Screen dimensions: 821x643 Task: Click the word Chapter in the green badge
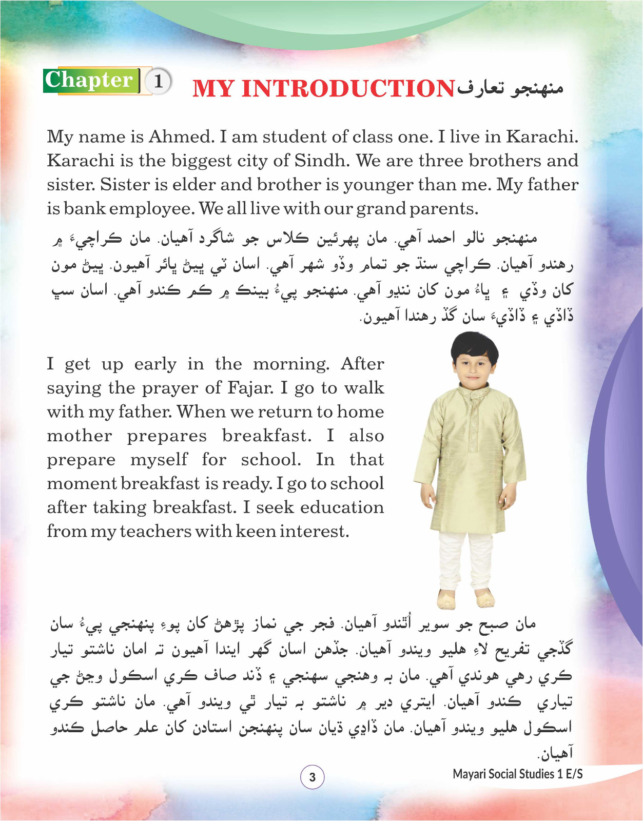(x=89, y=80)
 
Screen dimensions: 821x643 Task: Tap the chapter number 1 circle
(x=159, y=81)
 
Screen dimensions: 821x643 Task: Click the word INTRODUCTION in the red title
(x=348, y=88)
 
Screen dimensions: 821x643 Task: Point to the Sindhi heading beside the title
(x=511, y=88)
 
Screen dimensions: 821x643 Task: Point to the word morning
(x=290, y=364)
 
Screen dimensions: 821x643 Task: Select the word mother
(x=80, y=436)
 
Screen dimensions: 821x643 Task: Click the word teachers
(x=155, y=532)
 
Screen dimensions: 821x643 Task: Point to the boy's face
(x=474, y=369)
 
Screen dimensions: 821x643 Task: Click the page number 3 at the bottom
(x=312, y=777)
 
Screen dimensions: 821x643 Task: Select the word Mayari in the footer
(x=470, y=774)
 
